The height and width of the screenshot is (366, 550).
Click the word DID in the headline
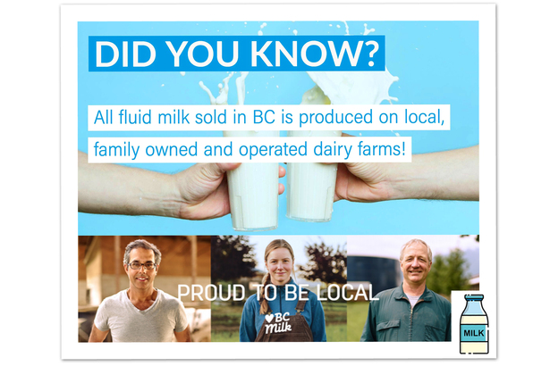tap(125, 54)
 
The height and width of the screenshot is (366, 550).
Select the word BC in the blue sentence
tap(264, 117)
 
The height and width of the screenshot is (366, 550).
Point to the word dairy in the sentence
tap(333, 150)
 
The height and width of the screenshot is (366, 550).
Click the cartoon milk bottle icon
tap(474, 324)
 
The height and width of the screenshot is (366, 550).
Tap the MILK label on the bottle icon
tap(474, 333)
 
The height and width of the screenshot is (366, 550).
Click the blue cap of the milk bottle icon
tap(474, 297)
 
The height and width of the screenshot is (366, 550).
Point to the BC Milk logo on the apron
tap(278, 322)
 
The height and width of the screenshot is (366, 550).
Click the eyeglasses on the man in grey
tap(141, 265)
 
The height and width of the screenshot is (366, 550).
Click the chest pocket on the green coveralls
tap(387, 326)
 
